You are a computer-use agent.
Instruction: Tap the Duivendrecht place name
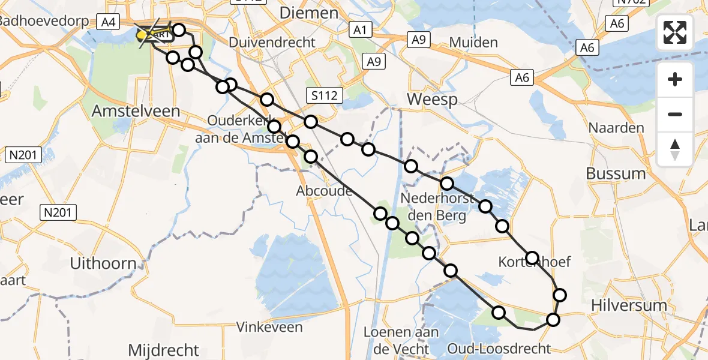pos(272,43)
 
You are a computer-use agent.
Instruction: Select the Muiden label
pos(473,43)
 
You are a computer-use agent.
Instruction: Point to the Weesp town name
pos(432,100)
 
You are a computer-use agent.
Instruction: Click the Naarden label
pos(616,128)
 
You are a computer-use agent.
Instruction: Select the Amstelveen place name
pos(136,111)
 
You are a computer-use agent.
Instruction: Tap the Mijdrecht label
pos(163,350)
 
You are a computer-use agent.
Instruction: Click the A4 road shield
pos(108,22)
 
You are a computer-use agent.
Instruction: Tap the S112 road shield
pos(324,94)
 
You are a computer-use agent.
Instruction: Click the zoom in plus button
pos(675,79)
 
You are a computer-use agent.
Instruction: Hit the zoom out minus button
pos(675,114)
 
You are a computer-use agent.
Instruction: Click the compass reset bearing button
pos(675,149)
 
